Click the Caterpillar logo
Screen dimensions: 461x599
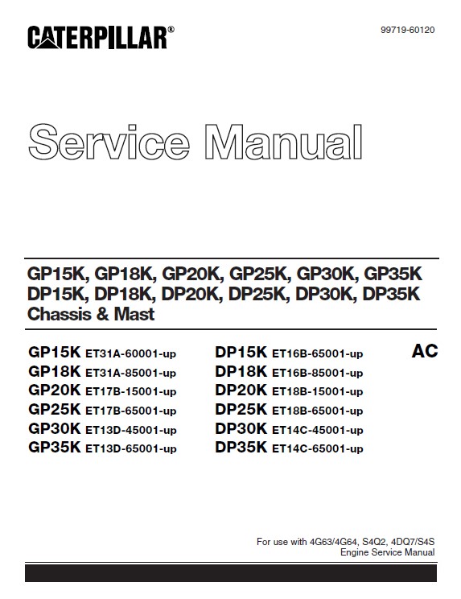[101, 37]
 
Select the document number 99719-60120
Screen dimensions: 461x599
[408, 30]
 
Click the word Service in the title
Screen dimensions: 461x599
[109, 142]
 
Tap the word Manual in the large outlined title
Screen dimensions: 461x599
[283, 142]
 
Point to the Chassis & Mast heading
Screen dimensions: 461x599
[91, 314]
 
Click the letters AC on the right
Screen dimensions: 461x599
[425, 351]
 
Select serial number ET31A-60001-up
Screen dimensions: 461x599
[131, 353]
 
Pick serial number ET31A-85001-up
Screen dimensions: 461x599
[131, 373]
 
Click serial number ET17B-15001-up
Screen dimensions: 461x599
[131, 392]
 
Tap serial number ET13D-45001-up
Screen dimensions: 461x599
[131, 430]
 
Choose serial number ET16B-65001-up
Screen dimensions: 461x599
[318, 353]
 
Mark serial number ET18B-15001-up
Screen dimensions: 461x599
[318, 392]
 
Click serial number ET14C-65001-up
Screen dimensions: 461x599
[318, 448]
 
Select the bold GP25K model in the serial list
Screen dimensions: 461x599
[55, 409]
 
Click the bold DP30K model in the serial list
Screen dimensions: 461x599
[241, 428]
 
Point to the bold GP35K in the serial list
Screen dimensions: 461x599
[55, 447]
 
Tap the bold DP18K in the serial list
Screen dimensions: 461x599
[241, 371]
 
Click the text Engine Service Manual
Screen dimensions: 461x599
[387, 552]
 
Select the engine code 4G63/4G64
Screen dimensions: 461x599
[334, 542]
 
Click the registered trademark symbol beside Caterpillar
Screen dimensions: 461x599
[171, 29]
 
